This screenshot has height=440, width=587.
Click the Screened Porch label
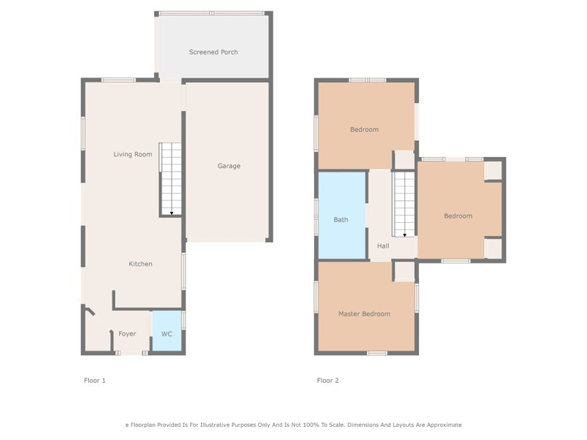pos(214,52)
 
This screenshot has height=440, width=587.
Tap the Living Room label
pos(133,154)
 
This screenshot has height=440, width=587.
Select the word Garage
pos(229,166)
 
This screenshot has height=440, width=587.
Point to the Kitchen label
pos(140,264)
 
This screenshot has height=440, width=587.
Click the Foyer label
pos(127,334)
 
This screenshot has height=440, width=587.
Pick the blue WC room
pos(167,331)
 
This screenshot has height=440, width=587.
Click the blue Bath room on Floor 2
pos(342,215)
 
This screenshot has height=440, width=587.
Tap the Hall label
pos(383,246)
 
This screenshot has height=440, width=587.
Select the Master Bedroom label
pos(364,314)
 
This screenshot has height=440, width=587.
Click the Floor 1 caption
pos(95,381)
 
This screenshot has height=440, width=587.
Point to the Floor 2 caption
pos(327,381)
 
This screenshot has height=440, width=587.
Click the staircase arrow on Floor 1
pos(172,213)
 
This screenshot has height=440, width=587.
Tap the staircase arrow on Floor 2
pos(405,235)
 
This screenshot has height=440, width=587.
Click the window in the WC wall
pos(183,320)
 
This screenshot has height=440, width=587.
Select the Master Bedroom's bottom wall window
pos(377,353)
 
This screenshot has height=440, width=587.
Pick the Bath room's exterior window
pos(316,217)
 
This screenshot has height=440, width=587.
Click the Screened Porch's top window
pos(211,13)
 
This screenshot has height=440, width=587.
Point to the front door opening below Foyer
pos(131,353)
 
